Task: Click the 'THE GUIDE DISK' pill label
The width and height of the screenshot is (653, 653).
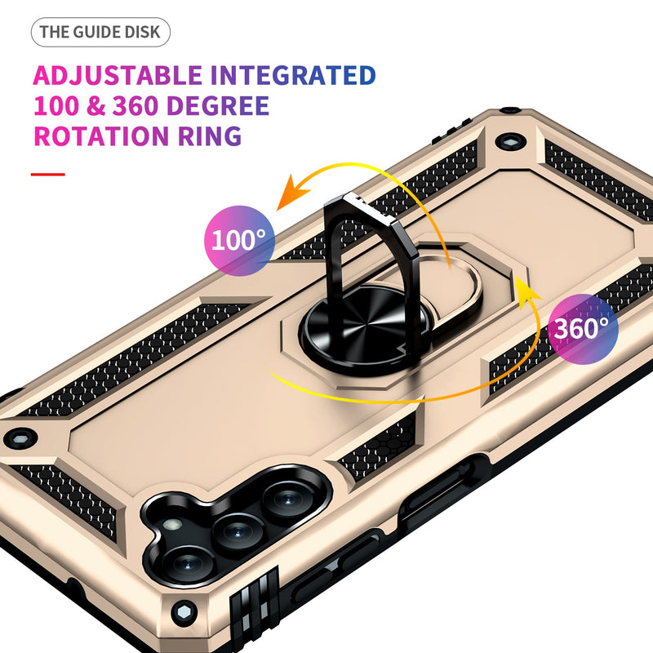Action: click(x=101, y=33)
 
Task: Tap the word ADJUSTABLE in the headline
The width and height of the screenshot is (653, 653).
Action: click(x=117, y=76)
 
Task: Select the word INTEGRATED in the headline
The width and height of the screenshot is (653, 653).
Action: click(x=293, y=76)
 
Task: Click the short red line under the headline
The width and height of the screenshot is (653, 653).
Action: click(x=47, y=174)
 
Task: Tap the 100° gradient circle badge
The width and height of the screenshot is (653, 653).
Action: click(x=238, y=239)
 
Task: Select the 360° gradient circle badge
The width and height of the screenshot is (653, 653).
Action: click(x=582, y=328)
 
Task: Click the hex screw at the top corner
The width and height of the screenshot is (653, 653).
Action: click(x=512, y=140)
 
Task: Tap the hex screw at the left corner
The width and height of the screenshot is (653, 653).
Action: click(x=14, y=438)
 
